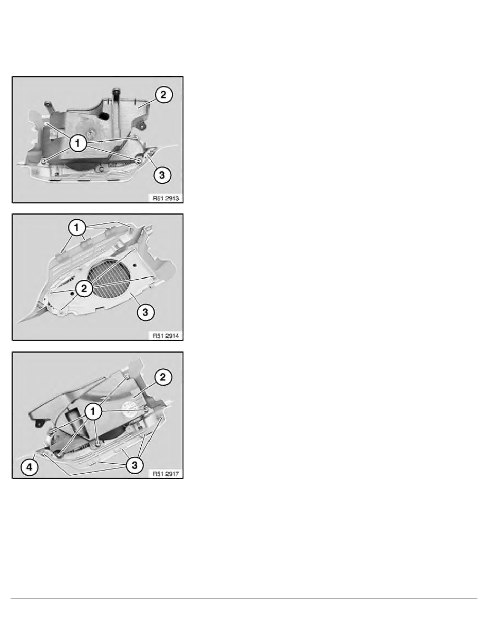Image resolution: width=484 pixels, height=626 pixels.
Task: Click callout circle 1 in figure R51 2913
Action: [x=78, y=143]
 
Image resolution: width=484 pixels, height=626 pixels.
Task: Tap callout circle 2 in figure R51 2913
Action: [x=163, y=95]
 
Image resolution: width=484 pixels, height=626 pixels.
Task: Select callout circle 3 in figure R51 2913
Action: [x=162, y=175]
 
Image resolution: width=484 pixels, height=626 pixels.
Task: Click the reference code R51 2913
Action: [x=166, y=198]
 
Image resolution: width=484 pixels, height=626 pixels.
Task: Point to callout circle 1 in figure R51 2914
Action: [x=76, y=228]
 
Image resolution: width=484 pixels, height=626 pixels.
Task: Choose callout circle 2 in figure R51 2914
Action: [x=84, y=288]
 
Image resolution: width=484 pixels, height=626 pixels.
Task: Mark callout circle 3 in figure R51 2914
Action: [x=146, y=312]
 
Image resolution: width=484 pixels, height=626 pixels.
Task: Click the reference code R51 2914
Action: [x=166, y=336]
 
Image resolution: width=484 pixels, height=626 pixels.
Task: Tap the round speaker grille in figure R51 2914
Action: [x=109, y=279]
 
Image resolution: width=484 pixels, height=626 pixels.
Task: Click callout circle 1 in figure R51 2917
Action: [x=93, y=412]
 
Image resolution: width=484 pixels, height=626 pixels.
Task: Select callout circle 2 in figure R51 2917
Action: [x=163, y=377]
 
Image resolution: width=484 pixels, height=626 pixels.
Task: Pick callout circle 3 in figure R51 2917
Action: [x=134, y=465]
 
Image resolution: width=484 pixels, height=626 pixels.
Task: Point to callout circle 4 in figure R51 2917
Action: [x=30, y=467]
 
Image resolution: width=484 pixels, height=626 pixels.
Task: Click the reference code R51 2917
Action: [x=166, y=474]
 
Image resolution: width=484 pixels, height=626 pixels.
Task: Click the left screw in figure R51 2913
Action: [x=43, y=161]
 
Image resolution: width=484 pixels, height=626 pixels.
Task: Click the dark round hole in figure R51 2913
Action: [x=104, y=115]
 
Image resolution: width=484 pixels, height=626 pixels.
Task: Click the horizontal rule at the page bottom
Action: [x=244, y=599]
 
